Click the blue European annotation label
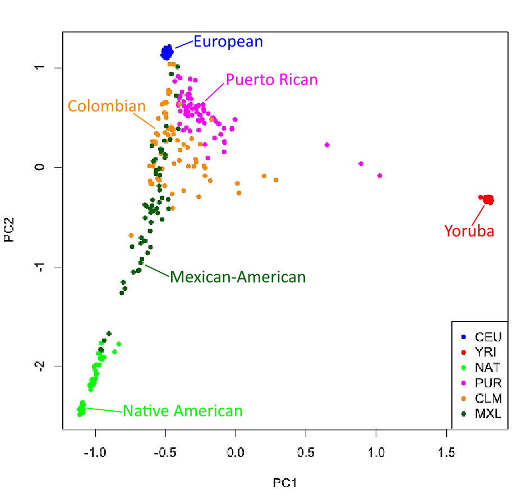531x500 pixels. [228, 41]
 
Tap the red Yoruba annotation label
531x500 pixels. [469, 230]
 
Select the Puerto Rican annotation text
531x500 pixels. [271, 80]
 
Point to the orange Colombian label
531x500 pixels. [107, 106]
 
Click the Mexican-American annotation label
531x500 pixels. [238, 277]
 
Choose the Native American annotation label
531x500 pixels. [183, 411]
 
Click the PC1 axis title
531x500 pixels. [284, 483]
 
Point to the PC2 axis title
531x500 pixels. [10, 230]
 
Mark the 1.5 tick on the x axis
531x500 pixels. [446, 452]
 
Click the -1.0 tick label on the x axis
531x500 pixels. [94, 452]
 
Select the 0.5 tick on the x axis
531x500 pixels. [306, 452]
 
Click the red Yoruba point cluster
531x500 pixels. [488, 200]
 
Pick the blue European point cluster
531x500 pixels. [167, 53]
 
